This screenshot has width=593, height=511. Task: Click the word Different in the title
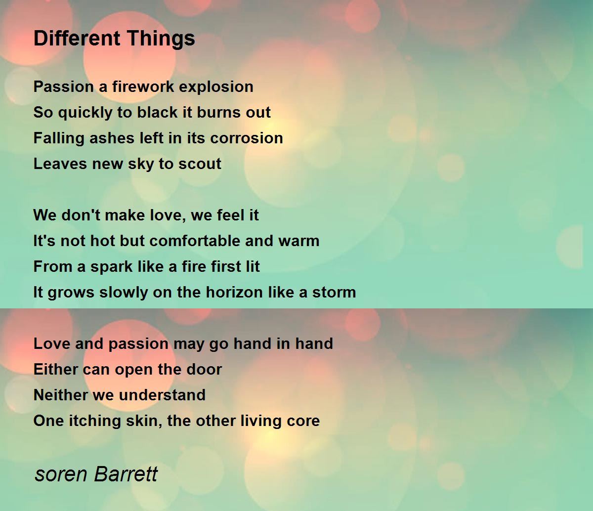pos(77,38)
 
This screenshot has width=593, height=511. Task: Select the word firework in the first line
pos(143,86)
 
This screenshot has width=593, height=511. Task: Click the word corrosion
pos(247,138)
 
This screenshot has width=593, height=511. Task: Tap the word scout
pos(200,164)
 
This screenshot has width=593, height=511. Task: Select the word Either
pos(56,369)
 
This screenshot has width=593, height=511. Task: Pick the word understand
pos(162,395)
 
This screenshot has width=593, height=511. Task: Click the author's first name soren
pos(61,474)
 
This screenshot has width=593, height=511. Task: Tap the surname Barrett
pos(126,473)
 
